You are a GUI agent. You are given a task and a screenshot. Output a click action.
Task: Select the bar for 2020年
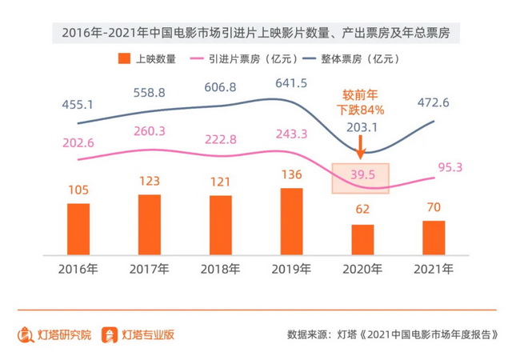362,238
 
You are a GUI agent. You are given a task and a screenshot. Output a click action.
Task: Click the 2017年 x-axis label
149,269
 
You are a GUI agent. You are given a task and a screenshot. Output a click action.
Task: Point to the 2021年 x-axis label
434,269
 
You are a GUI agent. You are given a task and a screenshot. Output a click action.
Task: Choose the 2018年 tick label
220,269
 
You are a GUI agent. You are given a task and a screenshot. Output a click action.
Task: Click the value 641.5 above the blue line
291,83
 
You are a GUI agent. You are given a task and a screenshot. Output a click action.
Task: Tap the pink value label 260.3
149,131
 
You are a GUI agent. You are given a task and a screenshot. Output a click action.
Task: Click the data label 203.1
362,127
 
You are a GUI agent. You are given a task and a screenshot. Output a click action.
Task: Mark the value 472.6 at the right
434,102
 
